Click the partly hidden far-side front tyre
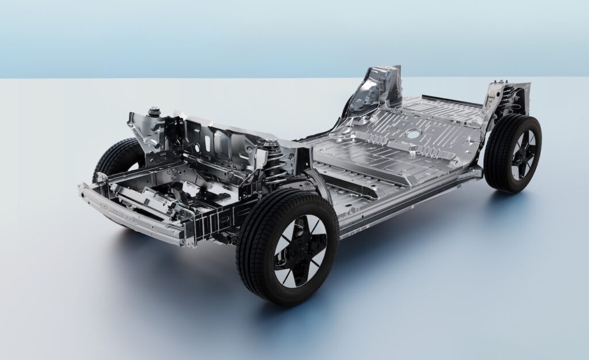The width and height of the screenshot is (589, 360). tap(112, 158)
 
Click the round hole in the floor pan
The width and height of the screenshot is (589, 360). tap(412, 134)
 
